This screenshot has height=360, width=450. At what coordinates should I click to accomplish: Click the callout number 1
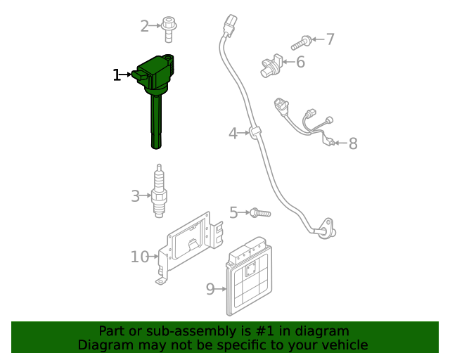tap(117, 75)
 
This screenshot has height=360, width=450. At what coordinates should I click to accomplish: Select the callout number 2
tap(145, 27)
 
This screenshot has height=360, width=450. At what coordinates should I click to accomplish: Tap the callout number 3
tap(135, 196)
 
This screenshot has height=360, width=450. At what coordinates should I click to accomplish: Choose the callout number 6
tap(300, 63)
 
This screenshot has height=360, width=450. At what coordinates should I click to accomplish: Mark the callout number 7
tap(330, 39)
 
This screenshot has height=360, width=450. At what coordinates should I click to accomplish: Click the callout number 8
tap(353, 144)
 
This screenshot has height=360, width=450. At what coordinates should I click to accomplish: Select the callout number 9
tap(210, 288)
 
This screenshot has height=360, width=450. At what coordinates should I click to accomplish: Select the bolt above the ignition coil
tap(169, 29)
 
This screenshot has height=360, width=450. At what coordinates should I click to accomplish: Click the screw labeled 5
tap(259, 212)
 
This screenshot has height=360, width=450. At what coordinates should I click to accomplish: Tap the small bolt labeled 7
tap(307, 41)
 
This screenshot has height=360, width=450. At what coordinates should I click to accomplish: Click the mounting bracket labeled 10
tap(188, 250)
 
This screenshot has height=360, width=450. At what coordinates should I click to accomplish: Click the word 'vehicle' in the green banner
tap(342, 345)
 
